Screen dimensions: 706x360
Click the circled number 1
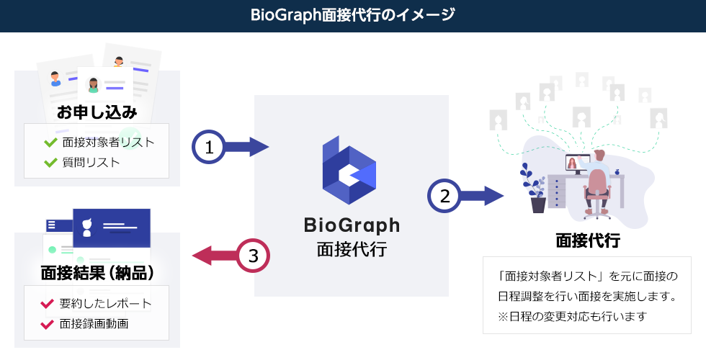coord(208,147)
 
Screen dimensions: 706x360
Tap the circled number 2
coord(444,196)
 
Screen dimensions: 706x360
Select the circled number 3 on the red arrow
coord(254,256)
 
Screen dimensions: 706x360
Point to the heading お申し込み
coord(97,112)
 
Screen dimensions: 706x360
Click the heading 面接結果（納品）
coord(97,273)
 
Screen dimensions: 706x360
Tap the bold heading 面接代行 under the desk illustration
coord(588,240)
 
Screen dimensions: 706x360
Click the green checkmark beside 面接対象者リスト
coord(50,143)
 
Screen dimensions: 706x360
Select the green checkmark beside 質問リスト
coord(50,162)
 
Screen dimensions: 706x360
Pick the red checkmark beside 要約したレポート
coord(47,304)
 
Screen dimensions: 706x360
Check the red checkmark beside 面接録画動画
coord(47,324)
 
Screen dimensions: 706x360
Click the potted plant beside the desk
coord(535,188)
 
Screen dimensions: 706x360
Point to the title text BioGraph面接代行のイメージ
coord(352,15)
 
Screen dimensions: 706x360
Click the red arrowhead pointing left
coord(202,256)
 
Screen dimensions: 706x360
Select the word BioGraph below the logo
coord(352,225)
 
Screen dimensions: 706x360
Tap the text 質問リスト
coord(91,163)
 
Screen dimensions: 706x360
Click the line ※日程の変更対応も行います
coord(572,316)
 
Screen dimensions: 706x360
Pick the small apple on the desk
coord(617,171)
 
